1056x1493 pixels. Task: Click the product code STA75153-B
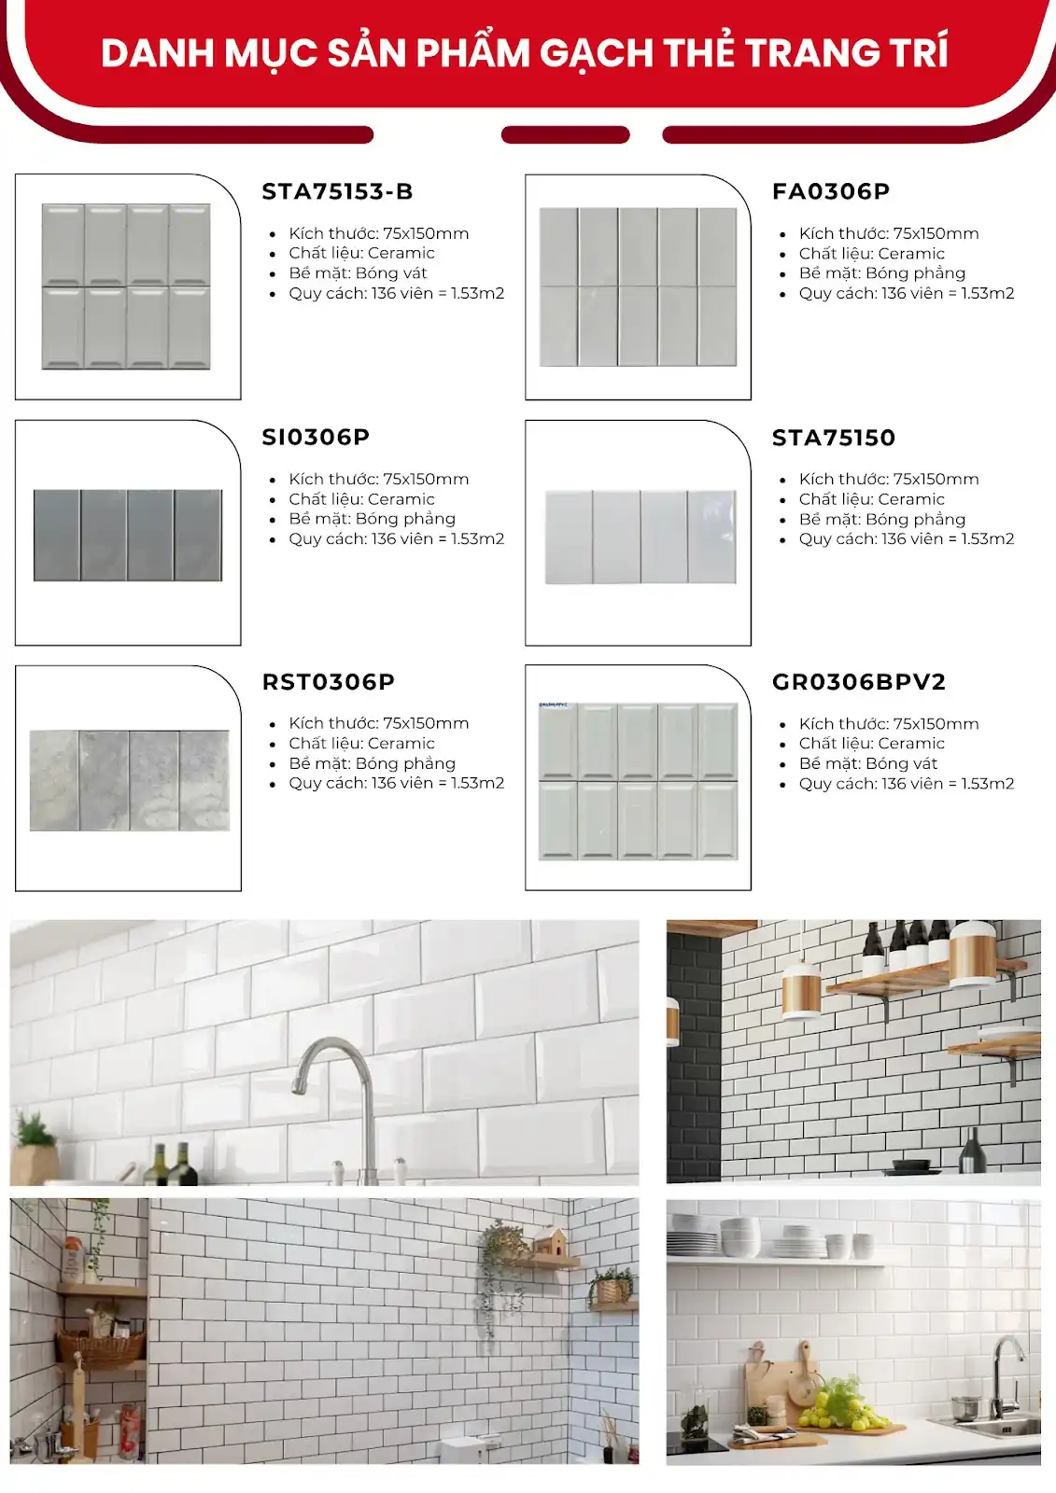[337, 191]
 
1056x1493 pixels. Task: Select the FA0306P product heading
[831, 191]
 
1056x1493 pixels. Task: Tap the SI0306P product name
[316, 437]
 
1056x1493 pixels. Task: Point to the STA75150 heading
[834, 438]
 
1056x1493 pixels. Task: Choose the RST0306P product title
[329, 682]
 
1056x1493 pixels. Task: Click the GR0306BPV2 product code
[859, 682]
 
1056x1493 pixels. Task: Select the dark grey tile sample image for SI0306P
[128, 536]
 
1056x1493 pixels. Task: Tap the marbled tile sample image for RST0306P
[129, 780]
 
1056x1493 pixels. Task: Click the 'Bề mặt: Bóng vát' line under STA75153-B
[358, 273]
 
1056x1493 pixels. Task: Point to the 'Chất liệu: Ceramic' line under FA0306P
[871, 254]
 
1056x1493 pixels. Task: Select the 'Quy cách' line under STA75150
[906, 539]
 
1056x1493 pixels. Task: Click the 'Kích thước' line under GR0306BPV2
[889, 724]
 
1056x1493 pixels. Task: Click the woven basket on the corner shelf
[100, 1344]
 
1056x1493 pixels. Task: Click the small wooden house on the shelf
[551, 1244]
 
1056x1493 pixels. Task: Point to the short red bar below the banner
[565, 135]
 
